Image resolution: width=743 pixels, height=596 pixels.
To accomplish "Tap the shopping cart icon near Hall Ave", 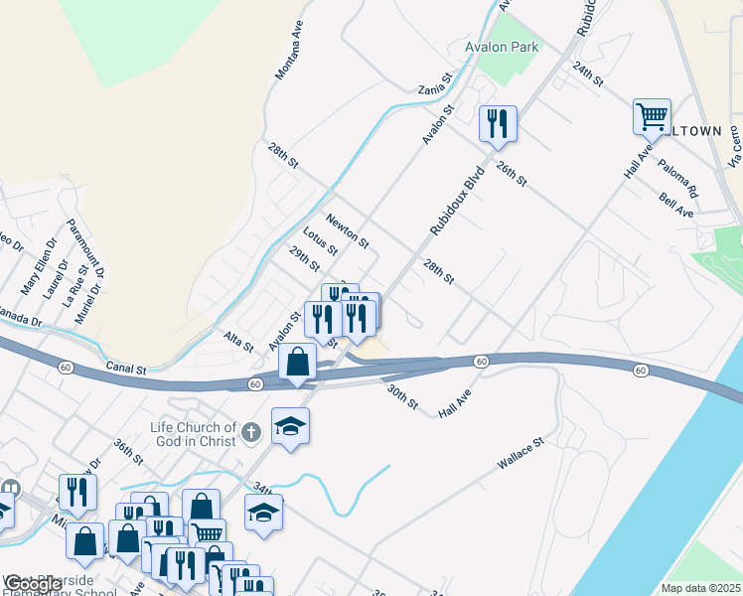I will pos(652,116).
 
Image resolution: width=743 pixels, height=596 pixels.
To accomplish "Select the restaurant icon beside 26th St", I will pos(497,122).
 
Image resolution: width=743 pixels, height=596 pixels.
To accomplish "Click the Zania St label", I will pos(435,82).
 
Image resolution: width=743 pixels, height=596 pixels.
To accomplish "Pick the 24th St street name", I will pos(587,73).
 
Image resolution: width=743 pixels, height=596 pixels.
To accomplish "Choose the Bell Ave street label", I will pos(675,206).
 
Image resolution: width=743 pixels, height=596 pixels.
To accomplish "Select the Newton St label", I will pos(348,229).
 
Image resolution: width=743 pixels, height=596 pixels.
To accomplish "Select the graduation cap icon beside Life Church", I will pos(290,426).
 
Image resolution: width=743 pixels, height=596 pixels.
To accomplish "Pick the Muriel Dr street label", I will pos(89,302).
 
